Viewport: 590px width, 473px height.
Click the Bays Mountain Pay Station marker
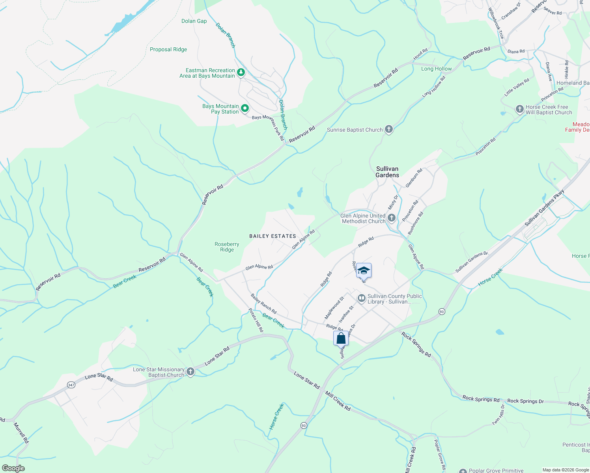[245, 108]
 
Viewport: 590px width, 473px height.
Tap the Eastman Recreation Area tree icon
[241, 73]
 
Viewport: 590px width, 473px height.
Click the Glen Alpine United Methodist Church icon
[392, 218]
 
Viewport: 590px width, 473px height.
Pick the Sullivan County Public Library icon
[361, 298]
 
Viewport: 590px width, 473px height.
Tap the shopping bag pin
[341, 338]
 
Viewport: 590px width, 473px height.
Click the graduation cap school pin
[364, 271]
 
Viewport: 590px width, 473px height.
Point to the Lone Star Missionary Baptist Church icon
[190, 371]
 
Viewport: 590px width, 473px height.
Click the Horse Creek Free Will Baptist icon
[519, 109]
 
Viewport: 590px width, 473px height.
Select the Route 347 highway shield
[71, 385]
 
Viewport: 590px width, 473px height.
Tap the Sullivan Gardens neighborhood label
[387, 172]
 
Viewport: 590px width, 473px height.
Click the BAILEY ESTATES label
[273, 236]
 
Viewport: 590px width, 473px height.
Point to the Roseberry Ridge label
[227, 247]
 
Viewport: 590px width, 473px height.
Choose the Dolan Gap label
[194, 21]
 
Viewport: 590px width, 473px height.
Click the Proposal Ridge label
[168, 49]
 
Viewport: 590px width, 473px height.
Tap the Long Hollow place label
[436, 69]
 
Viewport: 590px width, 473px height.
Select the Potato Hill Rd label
[256, 320]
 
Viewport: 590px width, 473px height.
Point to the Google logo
[13, 468]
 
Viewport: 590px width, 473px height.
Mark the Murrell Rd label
[21, 433]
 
